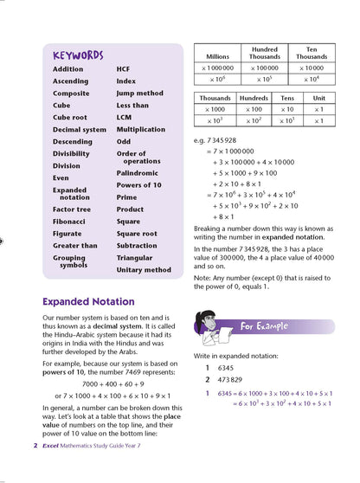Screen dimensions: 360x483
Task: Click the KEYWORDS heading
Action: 78,55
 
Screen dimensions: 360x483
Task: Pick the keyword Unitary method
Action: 144,270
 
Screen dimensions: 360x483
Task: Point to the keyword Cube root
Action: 70,118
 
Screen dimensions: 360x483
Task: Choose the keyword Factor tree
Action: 72,209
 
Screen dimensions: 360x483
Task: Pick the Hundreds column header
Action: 254,99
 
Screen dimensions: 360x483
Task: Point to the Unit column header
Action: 319,99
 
